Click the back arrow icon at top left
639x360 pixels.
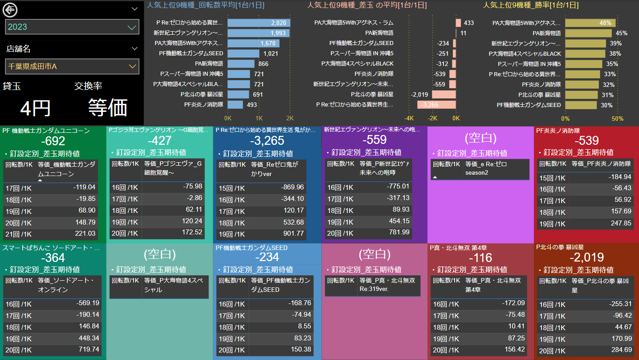[x=9, y=8]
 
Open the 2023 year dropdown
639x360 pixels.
[x=72, y=27]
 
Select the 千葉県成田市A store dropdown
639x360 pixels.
[x=72, y=66]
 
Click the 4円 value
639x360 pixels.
[x=36, y=108]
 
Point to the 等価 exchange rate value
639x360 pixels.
[x=108, y=107]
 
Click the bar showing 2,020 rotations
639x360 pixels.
[x=259, y=23]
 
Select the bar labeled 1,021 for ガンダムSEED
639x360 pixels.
[x=243, y=53]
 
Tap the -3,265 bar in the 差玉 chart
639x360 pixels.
[x=436, y=105]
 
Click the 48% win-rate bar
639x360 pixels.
[x=590, y=23]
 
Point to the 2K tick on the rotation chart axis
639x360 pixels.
[x=289, y=119]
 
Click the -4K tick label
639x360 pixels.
[x=409, y=119]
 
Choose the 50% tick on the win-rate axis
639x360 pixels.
[x=617, y=119]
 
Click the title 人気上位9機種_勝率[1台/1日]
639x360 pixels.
[x=531, y=5]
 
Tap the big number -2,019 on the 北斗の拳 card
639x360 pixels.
[x=587, y=258]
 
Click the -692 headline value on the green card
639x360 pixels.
[x=53, y=141]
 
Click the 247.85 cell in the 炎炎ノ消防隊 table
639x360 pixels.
[x=621, y=223]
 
